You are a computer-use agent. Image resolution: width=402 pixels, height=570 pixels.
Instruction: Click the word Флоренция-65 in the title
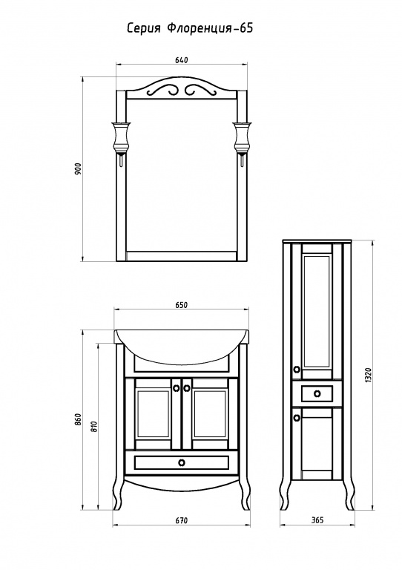click(210, 29)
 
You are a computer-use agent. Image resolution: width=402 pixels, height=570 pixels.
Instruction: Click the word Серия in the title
click(143, 29)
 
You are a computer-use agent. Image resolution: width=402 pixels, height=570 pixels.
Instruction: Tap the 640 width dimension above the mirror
click(181, 60)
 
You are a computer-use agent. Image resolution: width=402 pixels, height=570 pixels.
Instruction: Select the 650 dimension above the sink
click(181, 305)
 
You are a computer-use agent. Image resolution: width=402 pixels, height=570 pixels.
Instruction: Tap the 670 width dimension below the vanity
click(181, 521)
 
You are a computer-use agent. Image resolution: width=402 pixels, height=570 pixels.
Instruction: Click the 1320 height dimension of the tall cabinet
click(368, 375)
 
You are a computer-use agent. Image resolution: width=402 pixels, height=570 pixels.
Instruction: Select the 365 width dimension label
click(317, 520)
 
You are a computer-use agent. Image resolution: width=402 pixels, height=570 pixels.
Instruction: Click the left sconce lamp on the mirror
click(120, 141)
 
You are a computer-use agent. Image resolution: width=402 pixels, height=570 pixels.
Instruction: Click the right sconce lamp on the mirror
click(242, 141)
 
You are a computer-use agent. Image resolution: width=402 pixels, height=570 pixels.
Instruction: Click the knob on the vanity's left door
click(176, 388)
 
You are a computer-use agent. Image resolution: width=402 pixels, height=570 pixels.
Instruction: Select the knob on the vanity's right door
click(187, 388)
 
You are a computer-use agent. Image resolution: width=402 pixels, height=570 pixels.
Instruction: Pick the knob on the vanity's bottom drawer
click(182, 462)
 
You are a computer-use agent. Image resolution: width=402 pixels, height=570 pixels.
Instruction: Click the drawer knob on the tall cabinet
click(317, 393)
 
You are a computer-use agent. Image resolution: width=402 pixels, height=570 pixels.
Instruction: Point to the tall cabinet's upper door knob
click(297, 370)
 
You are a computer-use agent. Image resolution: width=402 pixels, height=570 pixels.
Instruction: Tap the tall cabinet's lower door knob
click(297, 418)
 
